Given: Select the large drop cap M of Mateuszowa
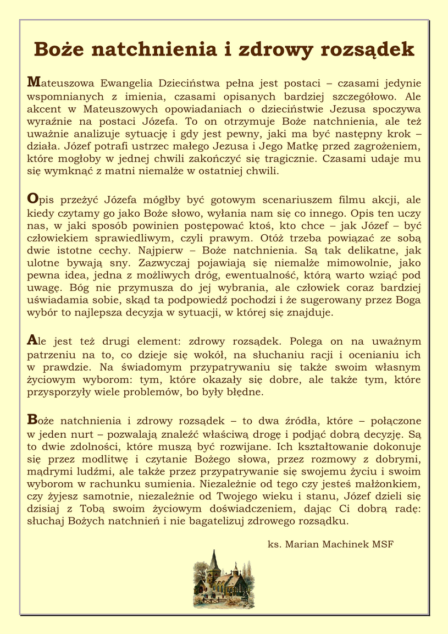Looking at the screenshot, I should [32, 82].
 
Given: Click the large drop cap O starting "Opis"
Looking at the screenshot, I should [32, 198].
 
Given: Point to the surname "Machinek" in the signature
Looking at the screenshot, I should [341, 544].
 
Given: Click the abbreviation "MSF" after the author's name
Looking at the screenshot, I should [383, 544].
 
